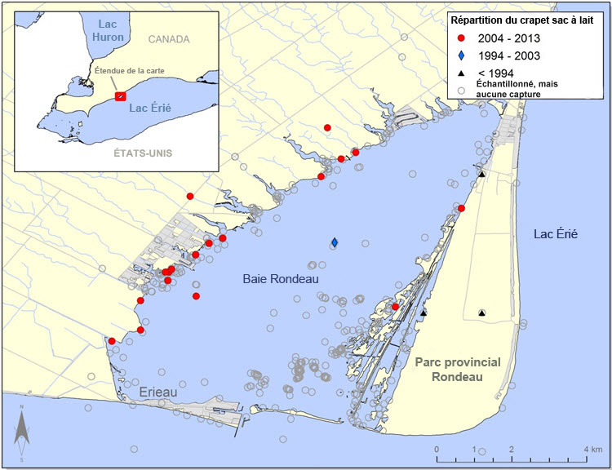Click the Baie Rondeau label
click(x=280, y=279)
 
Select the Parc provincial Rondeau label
click(x=456, y=369)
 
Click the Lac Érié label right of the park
click(x=555, y=234)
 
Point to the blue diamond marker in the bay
click(x=335, y=242)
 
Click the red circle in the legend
click(x=462, y=38)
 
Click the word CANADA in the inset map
click(x=169, y=39)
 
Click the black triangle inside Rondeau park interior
click(x=481, y=313)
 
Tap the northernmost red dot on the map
click(x=327, y=127)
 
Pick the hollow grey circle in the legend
click(x=462, y=89)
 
